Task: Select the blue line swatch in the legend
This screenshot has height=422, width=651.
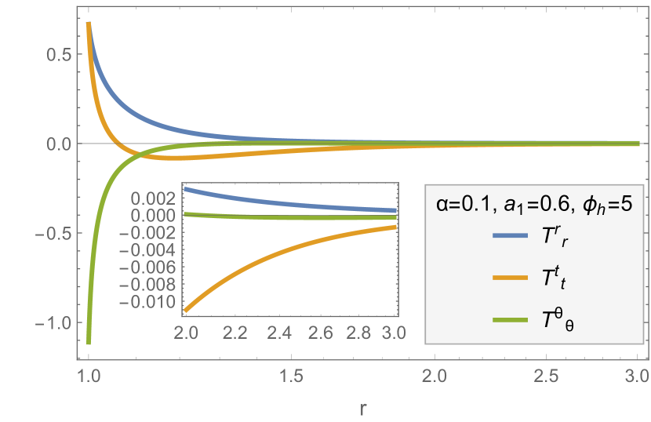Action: pyautogui.click(x=512, y=236)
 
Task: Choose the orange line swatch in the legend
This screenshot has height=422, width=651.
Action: pyautogui.click(x=512, y=278)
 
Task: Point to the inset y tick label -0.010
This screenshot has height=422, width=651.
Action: pyautogui.click(x=159, y=304)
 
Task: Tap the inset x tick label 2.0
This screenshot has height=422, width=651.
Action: pyautogui.click(x=185, y=333)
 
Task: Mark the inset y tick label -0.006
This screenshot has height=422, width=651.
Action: pyautogui.click(x=159, y=268)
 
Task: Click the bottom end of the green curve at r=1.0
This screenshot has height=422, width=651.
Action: pyautogui.click(x=89, y=343)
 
